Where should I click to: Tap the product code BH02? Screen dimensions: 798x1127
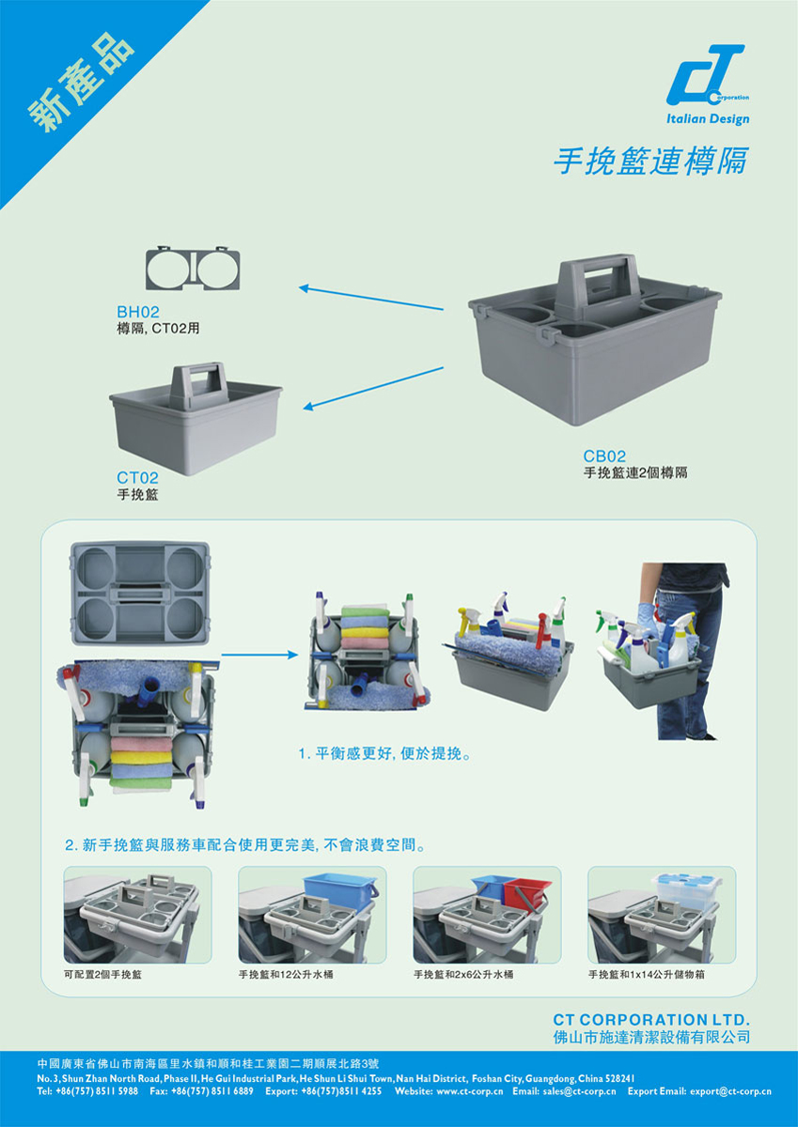[137, 312]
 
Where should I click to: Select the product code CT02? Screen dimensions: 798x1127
[137, 477]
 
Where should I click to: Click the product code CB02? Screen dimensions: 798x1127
[604, 455]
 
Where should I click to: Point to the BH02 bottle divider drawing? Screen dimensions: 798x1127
[193, 269]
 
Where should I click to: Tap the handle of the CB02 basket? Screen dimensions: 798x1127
[595, 286]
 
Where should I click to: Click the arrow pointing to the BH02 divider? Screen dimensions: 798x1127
[371, 299]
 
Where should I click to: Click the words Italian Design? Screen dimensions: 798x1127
[708, 119]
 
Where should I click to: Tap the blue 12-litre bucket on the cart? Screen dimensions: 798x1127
[340, 893]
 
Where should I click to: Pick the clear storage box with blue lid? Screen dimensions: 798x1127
[686, 892]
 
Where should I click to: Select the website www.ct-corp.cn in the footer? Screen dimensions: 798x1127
[469, 1091]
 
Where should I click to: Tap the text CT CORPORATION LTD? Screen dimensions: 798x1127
[651, 1019]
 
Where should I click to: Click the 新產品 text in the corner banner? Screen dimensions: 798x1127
[82, 83]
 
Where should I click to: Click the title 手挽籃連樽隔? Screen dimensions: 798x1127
[650, 161]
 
